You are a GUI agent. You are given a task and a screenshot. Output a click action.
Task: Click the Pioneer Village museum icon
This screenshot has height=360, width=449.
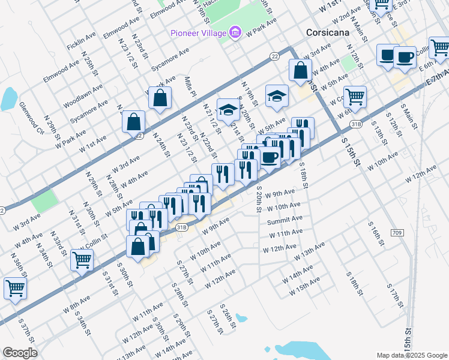click(x=235, y=32)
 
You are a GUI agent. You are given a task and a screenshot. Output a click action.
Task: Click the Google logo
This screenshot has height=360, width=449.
click(x=19, y=353)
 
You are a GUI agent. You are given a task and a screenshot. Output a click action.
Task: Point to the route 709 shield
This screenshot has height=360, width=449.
click(x=397, y=232)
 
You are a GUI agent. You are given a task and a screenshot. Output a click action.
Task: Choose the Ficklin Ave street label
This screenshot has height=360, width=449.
click(x=82, y=41)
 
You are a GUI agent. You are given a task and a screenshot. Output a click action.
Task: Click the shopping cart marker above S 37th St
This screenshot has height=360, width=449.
click(x=15, y=287)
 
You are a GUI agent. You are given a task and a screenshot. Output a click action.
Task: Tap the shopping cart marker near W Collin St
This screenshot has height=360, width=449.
click(x=82, y=260)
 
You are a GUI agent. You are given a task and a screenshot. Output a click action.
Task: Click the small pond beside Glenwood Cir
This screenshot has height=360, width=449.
click(x=9, y=98)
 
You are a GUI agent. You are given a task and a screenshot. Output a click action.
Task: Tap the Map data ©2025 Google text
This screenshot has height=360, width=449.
click(x=411, y=355)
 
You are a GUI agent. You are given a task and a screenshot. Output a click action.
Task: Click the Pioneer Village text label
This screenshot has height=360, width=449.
click(x=199, y=32)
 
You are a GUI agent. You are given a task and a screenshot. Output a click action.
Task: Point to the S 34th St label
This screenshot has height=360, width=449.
click(x=83, y=323)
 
